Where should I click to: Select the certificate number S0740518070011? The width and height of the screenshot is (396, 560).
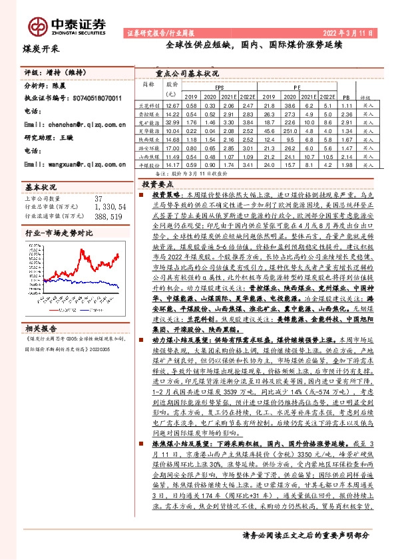pos(96,98)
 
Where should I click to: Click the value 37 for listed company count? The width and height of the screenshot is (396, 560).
pos(99,198)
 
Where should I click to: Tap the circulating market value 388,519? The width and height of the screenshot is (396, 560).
pos(108,216)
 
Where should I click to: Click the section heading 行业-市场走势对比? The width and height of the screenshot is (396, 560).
pos(58,235)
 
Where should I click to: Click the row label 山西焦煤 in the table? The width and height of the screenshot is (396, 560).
pos(147,157)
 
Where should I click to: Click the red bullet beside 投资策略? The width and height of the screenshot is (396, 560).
pos(141,197)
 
